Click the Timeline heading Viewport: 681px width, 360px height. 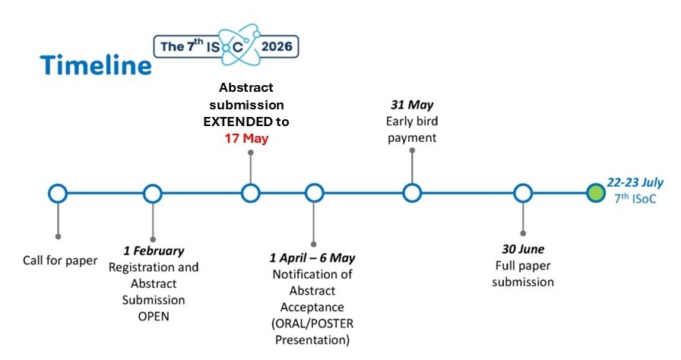96,65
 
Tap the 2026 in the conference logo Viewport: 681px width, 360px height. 277,46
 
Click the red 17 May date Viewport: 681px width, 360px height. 246,138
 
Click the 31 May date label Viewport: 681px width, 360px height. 412,105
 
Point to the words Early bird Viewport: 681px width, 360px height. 412,122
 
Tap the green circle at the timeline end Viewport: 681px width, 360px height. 595,193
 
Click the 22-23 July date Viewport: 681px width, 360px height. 635,182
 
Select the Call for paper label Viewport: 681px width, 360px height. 60,261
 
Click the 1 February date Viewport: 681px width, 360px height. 154,251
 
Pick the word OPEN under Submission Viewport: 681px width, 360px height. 154,317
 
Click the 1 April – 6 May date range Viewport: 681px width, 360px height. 312,258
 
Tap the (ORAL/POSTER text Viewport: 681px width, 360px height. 312,324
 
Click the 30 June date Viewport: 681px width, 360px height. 523,249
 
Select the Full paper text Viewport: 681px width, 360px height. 523,266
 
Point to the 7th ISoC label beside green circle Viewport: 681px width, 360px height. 635,199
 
